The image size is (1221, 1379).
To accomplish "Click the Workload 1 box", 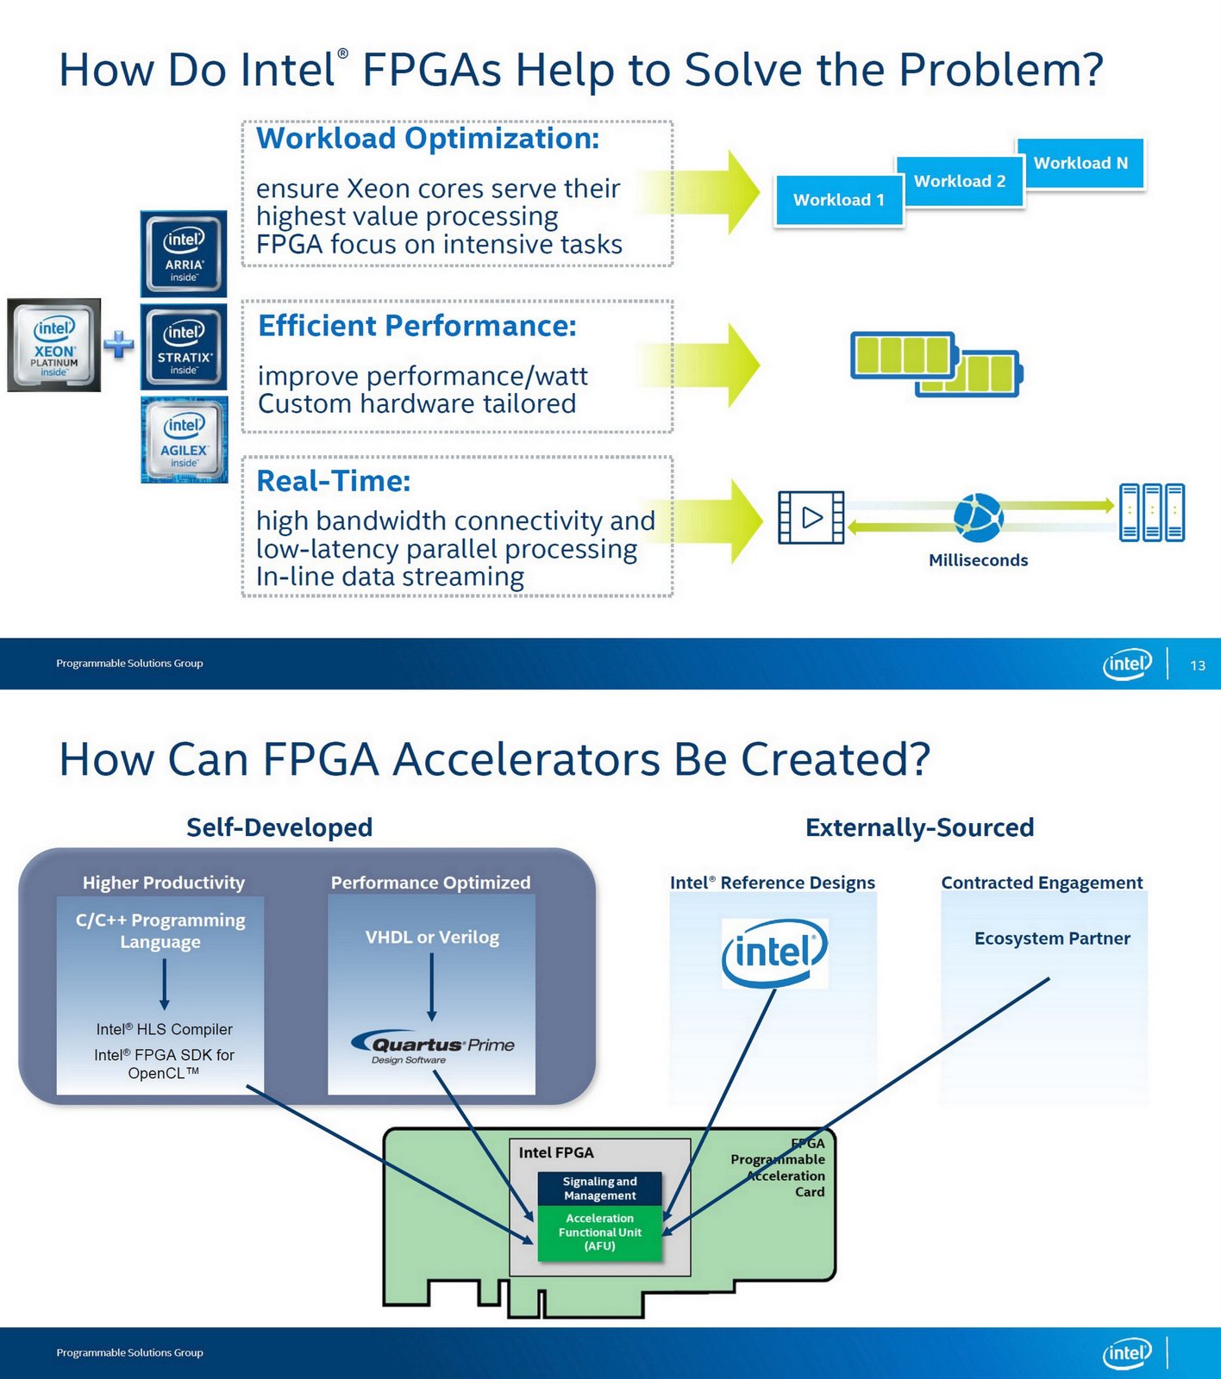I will (x=838, y=200).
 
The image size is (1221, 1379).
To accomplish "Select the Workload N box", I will (x=1080, y=163).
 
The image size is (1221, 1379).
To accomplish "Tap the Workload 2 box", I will (x=960, y=181).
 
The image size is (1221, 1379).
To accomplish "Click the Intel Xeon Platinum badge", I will (x=54, y=346).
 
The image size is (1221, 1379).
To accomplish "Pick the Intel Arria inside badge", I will (x=184, y=254).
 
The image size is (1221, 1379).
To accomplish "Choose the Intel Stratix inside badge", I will (x=184, y=346).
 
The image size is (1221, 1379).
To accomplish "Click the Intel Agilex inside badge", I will (x=185, y=440).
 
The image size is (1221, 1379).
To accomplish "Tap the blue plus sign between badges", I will (x=119, y=345).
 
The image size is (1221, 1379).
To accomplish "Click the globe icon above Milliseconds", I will (x=978, y=517).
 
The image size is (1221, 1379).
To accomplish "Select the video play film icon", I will (x=811, y=517).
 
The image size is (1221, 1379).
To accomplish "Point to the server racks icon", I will (x=1151, y=512).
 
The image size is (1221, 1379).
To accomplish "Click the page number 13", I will (x=1198, y=665).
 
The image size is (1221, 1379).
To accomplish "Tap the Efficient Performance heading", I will (x=417, y=326).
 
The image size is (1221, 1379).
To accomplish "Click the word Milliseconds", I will (x=978, y=560).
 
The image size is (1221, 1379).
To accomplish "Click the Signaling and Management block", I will (x=599, y=1189).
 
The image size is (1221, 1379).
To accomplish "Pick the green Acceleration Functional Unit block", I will (x=599, y=1232).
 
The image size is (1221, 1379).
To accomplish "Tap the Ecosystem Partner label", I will (x=1052, y=939).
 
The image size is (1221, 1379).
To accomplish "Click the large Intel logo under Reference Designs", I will (x=774, y=953).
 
